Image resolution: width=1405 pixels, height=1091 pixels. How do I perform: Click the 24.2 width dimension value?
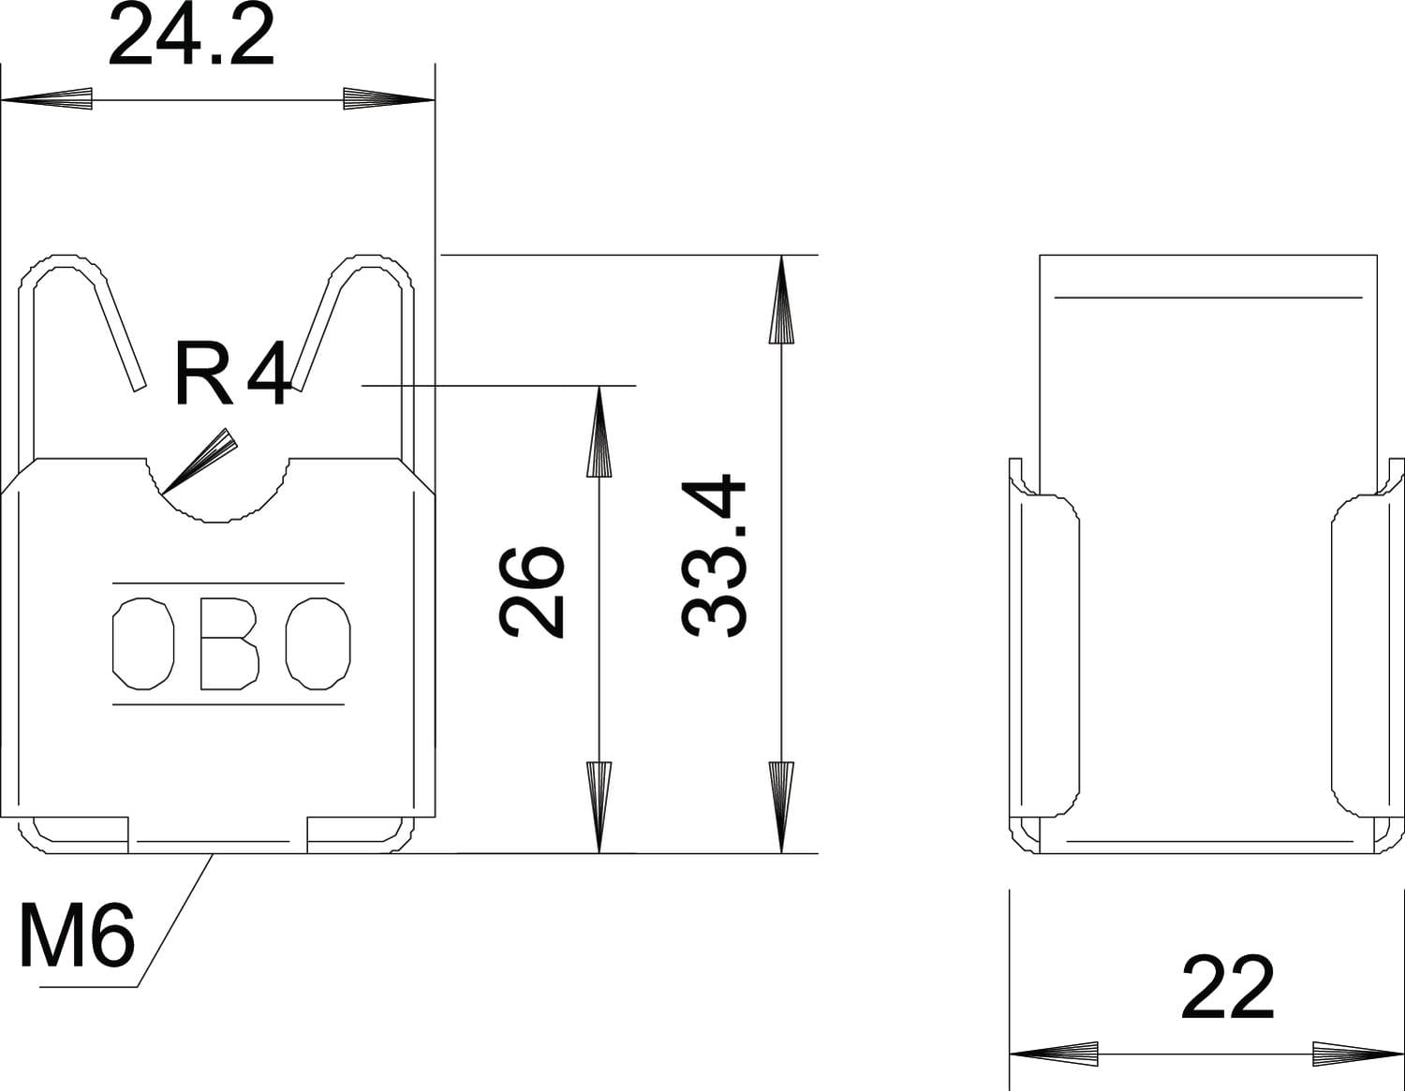pos(191,35)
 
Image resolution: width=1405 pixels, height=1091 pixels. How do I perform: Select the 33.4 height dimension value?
pos(714,556)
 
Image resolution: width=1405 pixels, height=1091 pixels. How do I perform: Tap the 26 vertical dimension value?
pos(531,593)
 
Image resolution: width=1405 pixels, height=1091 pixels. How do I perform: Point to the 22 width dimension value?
pos(1227,988)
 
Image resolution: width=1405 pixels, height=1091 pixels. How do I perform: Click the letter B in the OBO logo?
pos(230,643)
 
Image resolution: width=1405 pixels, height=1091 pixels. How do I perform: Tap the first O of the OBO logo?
pos(143,643)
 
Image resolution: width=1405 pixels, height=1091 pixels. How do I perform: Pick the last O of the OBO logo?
pos(318,643)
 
